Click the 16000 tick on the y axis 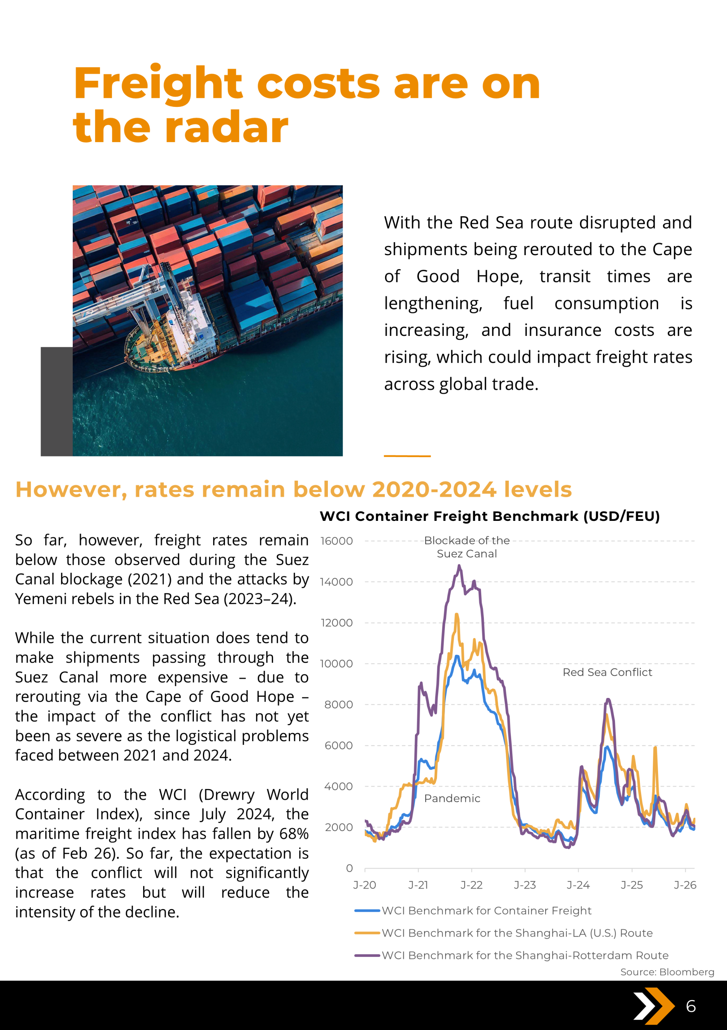[x=336, y=541]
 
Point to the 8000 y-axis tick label [x=339, y=704]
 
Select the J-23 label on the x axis [x=524, y=885]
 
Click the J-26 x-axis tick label [x=685, y=885]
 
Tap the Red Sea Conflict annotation [x=607, y=672]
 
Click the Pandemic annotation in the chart [x=452, y=798]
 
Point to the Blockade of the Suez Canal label [x=466, y=547]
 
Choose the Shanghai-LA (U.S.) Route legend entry [x=517, y=933]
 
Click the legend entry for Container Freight [x=486, y=910]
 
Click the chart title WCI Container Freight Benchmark [x=490, y=516]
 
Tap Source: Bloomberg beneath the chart [x=667, y=972]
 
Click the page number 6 [x=691, y=1006]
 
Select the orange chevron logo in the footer [x=654, y=1006]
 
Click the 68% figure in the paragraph [x=293, y=834]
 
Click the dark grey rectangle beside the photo [x=56, y=401]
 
